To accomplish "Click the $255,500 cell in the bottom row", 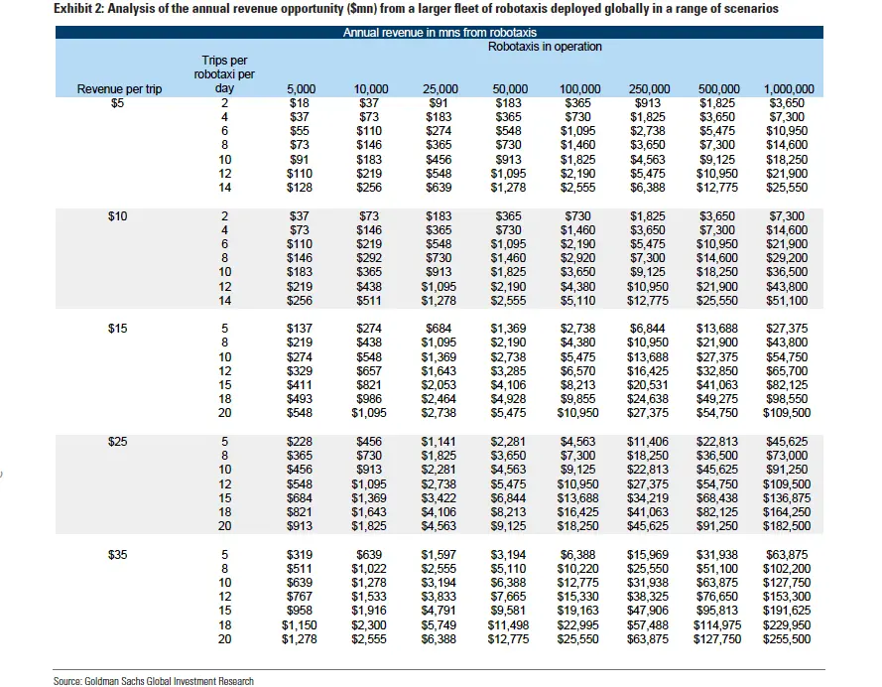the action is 787,639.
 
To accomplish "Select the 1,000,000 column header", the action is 789,89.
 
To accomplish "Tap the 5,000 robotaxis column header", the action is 301,89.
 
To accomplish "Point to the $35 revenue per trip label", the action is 117,555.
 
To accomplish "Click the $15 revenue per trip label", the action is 117,328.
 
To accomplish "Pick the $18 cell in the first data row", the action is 300,103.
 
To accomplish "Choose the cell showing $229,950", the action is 787,625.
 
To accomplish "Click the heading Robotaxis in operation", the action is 545,47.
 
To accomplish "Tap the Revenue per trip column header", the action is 119,89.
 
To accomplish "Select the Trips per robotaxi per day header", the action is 224,74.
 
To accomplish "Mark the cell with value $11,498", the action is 508,625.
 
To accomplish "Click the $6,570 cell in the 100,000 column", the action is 577,370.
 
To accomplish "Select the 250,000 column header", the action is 649,89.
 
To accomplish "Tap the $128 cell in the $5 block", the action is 300,188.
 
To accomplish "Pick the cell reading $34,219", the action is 648,498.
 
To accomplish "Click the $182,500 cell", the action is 787,526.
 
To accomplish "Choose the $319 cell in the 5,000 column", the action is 300,555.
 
